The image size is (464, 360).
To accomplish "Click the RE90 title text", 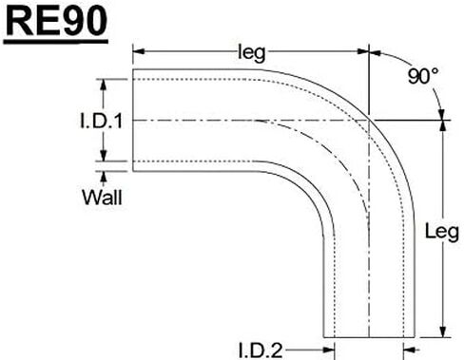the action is (x=56, y=22).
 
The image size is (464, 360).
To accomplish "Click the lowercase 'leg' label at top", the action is (x=251, y=53).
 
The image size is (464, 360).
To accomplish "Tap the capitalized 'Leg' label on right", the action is (x=442, y=232).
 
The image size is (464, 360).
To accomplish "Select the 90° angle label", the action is (x=423, y=76).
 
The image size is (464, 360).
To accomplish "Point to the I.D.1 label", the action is (x=102, y=121).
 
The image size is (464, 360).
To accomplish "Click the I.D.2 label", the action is (x=260, y=351).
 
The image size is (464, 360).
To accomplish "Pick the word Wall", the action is (x=102, y=198).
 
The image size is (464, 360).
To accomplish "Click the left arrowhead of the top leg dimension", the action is (x=139, y=51).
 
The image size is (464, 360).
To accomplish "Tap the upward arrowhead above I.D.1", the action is (x=103, y=85).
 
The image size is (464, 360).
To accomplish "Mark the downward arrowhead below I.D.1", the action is (x=103, y=155).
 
